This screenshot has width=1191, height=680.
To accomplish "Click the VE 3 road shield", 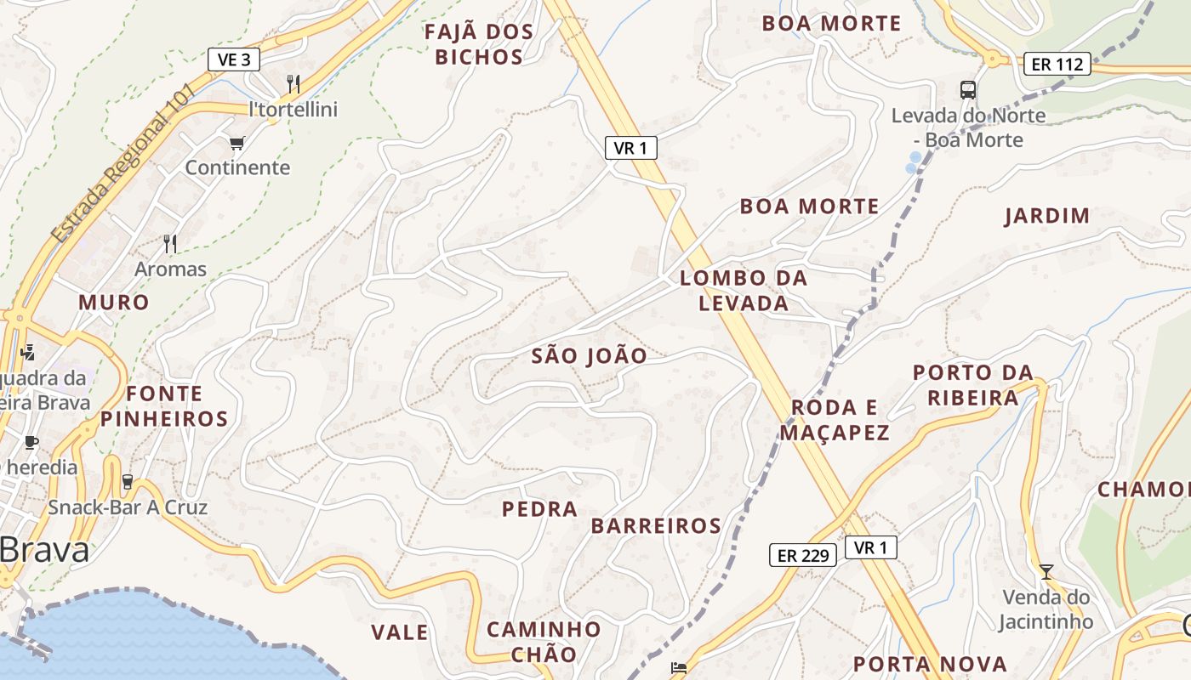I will pos(234,59).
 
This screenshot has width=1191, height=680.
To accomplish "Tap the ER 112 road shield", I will pos(1057,64).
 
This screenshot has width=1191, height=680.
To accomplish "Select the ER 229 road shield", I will pos(803,556).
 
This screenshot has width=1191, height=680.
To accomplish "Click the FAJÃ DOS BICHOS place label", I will pos(479,45).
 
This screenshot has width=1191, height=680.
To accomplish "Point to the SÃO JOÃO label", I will pos(590,356).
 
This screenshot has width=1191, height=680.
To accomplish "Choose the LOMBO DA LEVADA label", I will pos(744,291).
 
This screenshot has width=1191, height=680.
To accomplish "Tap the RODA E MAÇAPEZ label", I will pos(835,420).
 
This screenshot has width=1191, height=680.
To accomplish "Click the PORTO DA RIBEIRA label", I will pos(973,385).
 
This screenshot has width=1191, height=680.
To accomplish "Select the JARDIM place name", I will pos(1047,216).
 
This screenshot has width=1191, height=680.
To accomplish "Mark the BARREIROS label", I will pos(656,526).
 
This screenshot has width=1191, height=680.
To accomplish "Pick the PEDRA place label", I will pos(540,510).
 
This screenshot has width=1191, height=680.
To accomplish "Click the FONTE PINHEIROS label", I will pos(164,406).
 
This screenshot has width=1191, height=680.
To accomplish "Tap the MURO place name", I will pos(114,303).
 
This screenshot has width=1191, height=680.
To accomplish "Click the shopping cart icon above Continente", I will pos(237,143).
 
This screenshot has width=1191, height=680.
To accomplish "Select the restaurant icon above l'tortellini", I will pos(293,83).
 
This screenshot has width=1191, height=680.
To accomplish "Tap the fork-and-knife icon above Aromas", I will pos(170,245).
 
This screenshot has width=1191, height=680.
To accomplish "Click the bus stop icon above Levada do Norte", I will pos(968,89).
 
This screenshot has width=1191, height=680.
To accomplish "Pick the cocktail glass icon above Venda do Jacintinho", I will pos(1046,572).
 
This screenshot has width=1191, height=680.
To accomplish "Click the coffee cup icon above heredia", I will pos(31,442).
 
